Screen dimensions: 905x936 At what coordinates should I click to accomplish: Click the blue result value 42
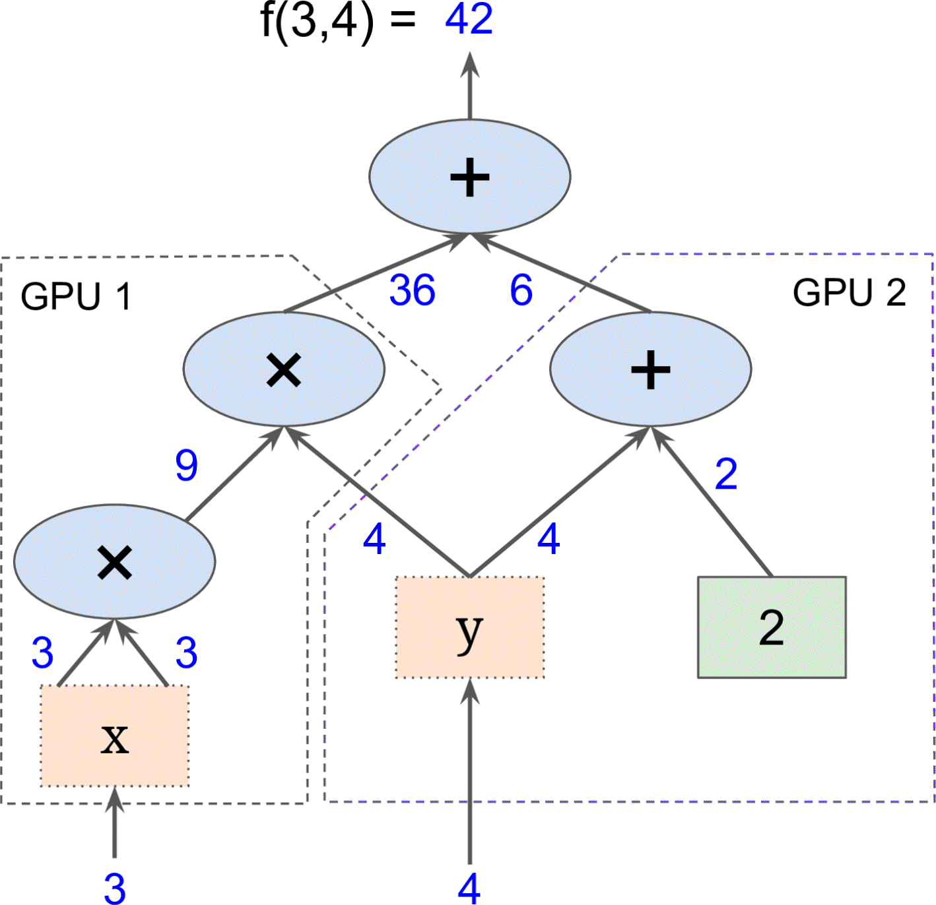click(x=469, y=19)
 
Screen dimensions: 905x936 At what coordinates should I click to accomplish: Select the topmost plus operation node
click(x=469, y=177)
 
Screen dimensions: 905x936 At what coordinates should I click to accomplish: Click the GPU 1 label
click(x=76, y=296)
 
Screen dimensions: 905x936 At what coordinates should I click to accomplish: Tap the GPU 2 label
click(x=849, y=292)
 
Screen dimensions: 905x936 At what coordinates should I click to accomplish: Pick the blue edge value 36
click(x=412, y=290)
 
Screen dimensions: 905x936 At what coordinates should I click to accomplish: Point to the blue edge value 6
click(x=521, y=290)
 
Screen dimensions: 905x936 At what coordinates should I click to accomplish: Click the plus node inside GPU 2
click(x=650, y=369)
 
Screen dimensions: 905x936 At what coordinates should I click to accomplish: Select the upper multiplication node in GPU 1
click(x=284, y=369)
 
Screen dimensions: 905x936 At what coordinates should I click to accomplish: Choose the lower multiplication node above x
click(x=115, y=562)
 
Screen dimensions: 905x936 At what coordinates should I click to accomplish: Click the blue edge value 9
click(x=186, y=465)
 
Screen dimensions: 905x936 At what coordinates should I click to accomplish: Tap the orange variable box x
click(x=115, y=736)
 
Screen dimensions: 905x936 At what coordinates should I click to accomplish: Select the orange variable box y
click(x=469, y=627)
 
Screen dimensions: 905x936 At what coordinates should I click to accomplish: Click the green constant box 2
click(x=772, y=627)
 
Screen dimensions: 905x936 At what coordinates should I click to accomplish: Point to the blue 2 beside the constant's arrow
click(x=726, y=474)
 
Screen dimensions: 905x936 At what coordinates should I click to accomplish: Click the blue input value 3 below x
click(x=115, y=888)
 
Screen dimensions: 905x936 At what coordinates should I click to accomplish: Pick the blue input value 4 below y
click(x=469, y=888)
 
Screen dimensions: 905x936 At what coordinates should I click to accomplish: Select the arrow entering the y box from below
click(x=470, y=772)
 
